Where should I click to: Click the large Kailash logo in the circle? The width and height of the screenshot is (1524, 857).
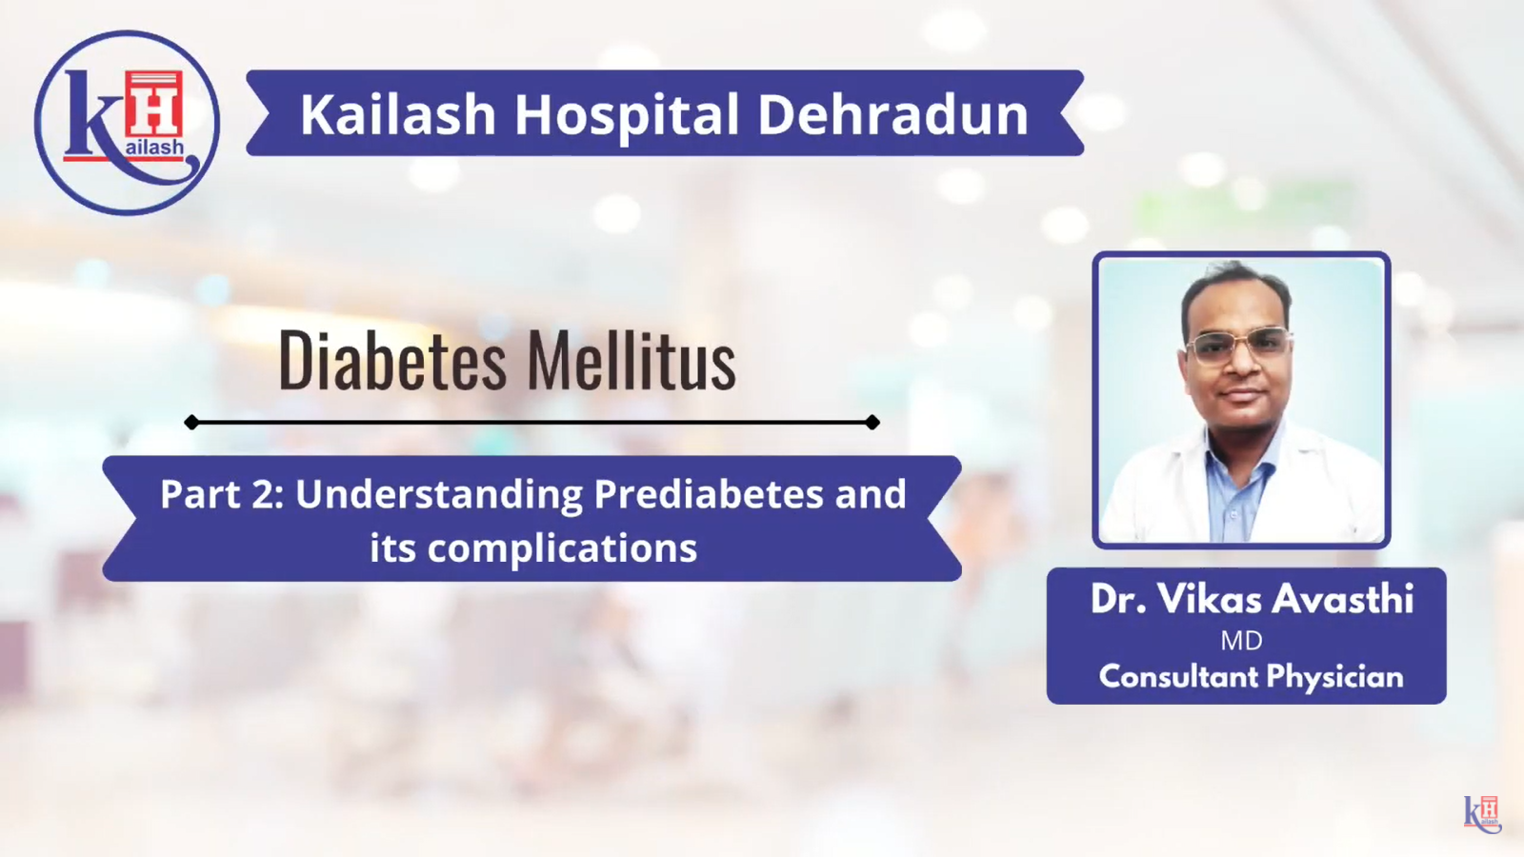coord(128,123)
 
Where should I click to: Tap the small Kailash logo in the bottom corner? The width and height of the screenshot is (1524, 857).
coord(1482,813)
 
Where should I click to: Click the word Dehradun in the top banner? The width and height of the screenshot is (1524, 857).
coord(892,114)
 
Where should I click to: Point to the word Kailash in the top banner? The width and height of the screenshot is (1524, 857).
coord(398,114)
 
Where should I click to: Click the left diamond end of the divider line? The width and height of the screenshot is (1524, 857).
coord(191,423)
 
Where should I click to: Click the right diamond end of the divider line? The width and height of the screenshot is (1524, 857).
coord(872,423)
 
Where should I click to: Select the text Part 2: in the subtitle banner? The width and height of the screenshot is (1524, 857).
coord(221,494)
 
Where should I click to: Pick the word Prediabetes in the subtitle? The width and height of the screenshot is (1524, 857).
coord(709,494)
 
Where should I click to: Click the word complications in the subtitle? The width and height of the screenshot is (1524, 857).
coord(562,549)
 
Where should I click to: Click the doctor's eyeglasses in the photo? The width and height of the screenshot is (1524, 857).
coord(1238,345)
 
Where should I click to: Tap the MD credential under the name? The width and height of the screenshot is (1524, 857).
coord(1242,641)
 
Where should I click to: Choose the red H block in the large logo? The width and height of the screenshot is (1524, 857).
coord(153,104)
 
